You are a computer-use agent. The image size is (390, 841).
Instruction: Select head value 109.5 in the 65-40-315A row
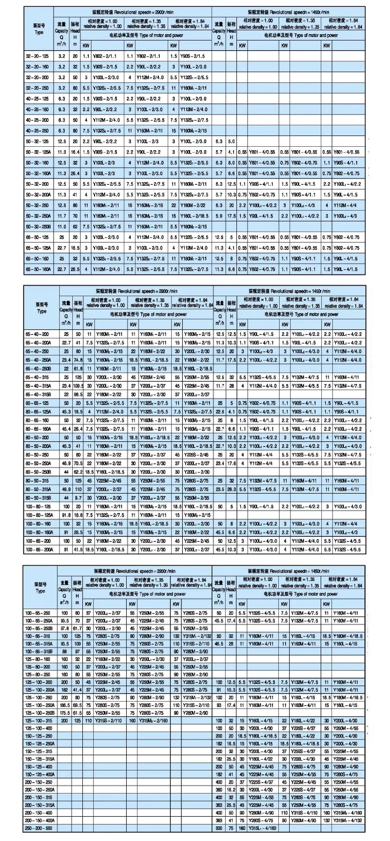tap(77, 385)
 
